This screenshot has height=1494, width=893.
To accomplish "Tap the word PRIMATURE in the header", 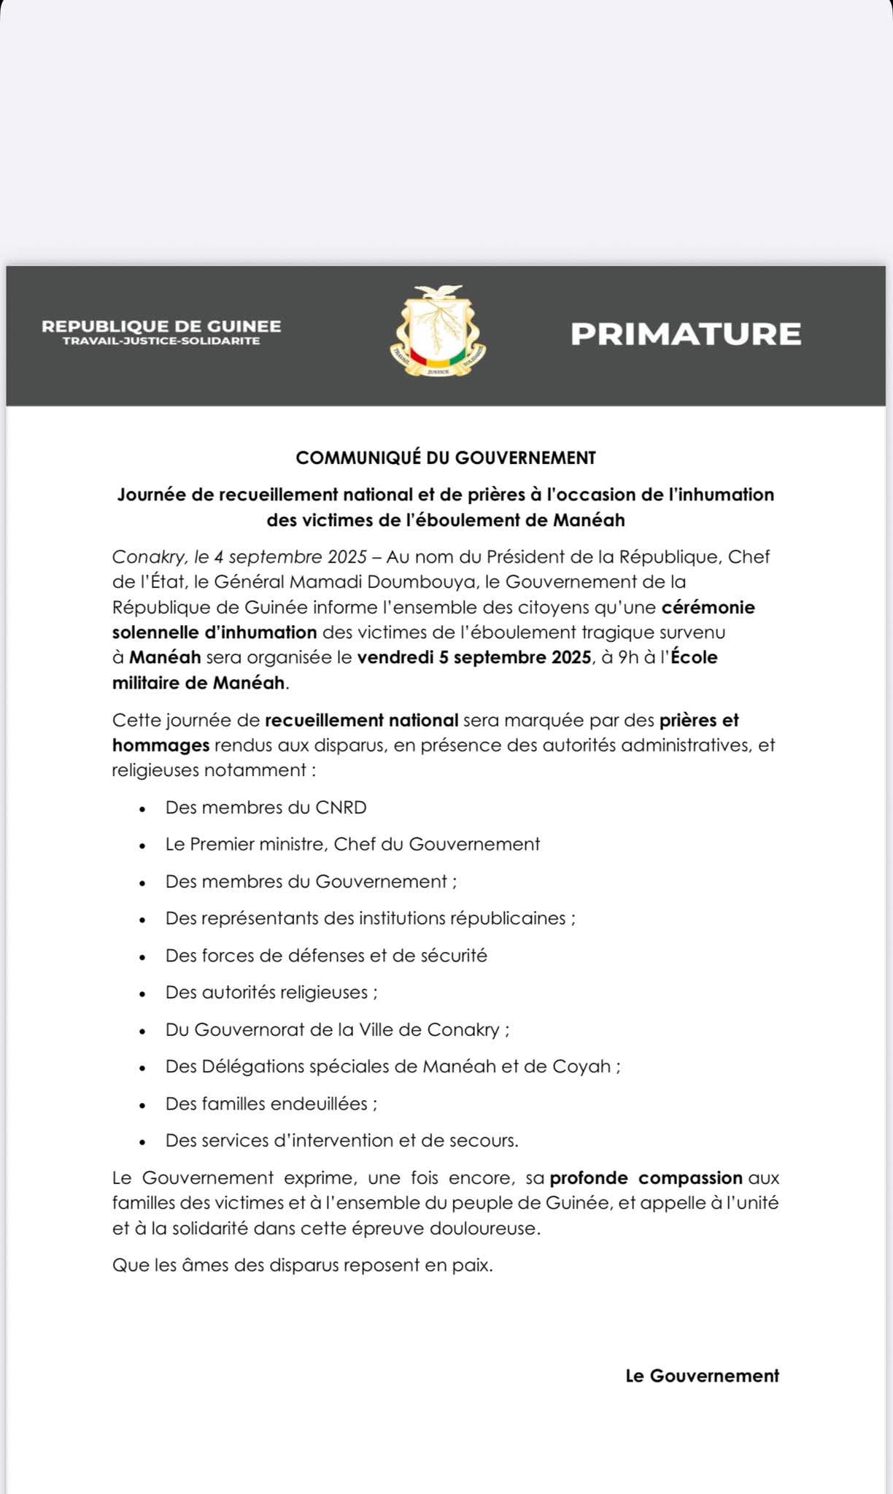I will (x=685, y=334).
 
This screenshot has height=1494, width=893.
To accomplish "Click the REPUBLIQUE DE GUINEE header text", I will (x=161, y=327).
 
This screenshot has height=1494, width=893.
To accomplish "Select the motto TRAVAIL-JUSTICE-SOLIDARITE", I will (x=161, y=341).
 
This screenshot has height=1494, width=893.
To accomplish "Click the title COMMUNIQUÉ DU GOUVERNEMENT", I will (x=446, y=458).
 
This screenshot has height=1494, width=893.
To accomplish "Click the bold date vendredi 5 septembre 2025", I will (x=474, y=657).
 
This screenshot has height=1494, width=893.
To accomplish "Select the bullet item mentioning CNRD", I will (x=266, y=808).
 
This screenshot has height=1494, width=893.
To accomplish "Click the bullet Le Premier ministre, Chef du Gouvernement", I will (x=352, y=845).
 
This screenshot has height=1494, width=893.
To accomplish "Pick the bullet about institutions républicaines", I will (x=370, y=918).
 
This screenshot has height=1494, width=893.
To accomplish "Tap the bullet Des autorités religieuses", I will (x=271, y=993).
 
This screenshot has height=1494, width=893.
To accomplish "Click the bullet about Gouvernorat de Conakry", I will (x=337, y=1030).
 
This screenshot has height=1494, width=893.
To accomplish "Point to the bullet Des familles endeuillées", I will (x=271, y=1104).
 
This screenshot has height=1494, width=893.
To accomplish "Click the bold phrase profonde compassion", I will (x=646, y=1178).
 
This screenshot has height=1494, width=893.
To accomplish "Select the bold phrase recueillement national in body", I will (x=361, y=721).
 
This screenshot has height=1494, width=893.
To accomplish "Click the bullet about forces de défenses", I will (x=326, y=956).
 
